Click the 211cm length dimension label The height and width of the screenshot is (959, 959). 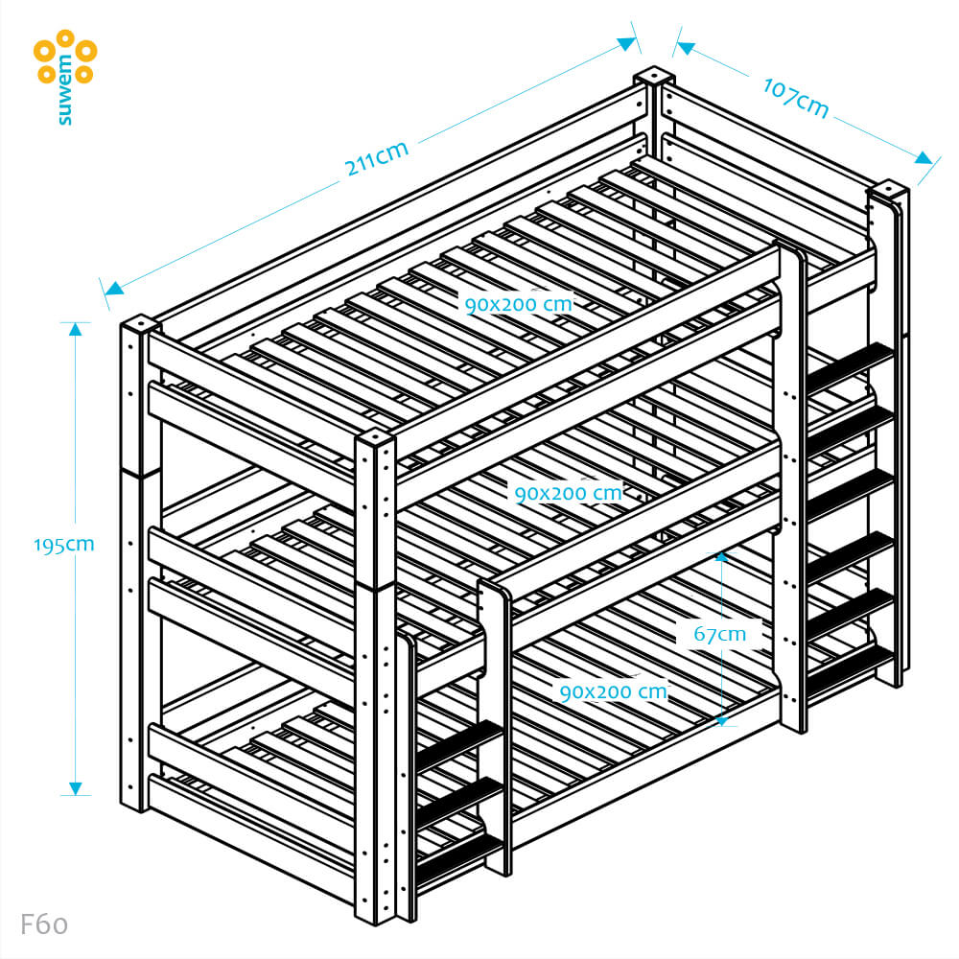[376, 158]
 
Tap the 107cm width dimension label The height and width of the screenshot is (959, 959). [796, 97]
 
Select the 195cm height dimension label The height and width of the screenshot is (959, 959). [63, 545]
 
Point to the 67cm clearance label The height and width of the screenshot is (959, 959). [720, 634]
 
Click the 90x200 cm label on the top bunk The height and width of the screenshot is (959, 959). [519, 304]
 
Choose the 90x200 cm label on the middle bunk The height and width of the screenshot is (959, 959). [568, 493]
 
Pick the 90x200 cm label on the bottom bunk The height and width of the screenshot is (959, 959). [614, 691]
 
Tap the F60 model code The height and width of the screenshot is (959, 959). [44, 924]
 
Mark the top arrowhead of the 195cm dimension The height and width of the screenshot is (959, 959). [75, 329]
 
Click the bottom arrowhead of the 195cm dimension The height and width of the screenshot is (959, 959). [75, 788]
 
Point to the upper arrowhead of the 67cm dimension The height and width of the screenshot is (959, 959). [722, 557]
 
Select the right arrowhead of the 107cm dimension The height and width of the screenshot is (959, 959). [924, 158]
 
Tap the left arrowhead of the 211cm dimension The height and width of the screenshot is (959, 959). [114, 289]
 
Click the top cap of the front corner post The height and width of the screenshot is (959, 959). [375, 438]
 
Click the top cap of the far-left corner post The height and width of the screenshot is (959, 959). [141, 322]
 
